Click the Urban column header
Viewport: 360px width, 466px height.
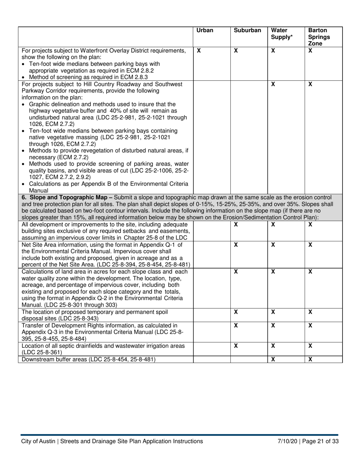pyautogui.click(x=205, y=31)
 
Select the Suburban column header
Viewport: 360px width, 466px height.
pyautogui.click(x=247, y=31)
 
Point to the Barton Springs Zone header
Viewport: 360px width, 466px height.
pyautogui.click(x=319, y=37)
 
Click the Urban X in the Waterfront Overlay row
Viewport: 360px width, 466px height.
pyautogui.click(x=199, y=50)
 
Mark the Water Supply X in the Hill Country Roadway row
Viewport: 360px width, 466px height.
pyautogui.click(x=273, y=84)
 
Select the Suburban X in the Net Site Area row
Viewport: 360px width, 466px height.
pyautogui.click(x=236, y=245)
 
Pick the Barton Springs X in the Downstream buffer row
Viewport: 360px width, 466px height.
pyautogui.click(x=310, y=360)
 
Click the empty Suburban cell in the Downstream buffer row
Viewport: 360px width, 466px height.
pyautogui.click(x=249, y=360)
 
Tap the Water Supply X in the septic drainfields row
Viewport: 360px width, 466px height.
pyautogui.click(x=273, y=346)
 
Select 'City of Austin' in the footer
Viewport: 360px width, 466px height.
pyautogui.click(x=38, y=441)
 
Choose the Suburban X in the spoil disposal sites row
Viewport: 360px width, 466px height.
pyautogui.click(x=236, y=312)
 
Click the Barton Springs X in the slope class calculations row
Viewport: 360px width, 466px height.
pyautogui.click(x=310, y=272)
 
